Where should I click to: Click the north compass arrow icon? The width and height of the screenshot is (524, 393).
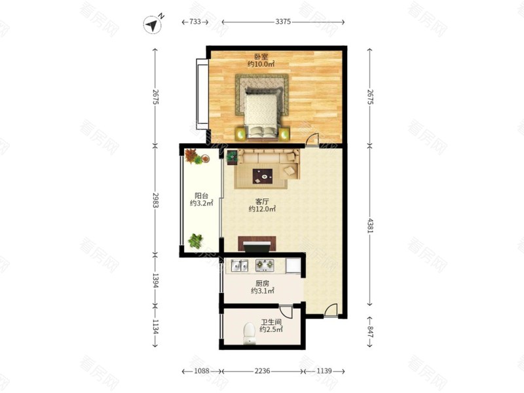(x=153, y=24)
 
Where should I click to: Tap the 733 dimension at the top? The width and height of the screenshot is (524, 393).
(x=195, y=22)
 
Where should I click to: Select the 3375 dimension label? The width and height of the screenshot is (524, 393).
(x=283, y=22)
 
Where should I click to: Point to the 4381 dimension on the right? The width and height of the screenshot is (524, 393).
(x=370, y=225)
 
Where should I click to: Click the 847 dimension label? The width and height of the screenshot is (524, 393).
(x=370, y=332)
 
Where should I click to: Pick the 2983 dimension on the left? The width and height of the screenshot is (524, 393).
(x=155, y=200)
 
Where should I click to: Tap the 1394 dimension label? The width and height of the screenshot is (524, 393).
(x=155, y=281)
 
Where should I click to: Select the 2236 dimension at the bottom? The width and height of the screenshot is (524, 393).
(x=263, y=371)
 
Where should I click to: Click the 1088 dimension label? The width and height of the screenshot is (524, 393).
(x=202, y=371)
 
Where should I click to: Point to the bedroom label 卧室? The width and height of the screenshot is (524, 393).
(x=261, y=56)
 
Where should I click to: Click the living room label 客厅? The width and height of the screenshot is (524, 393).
(x=262, y=202)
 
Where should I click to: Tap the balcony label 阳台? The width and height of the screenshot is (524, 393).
(x=201, y=196)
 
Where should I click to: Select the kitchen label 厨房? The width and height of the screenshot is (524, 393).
(x=263, y=284)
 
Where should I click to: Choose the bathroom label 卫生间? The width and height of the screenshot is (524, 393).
(x=271, y=322)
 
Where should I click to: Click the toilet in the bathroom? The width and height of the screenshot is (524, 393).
(x=250, y=333)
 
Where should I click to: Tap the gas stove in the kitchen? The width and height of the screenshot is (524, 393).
(x=265, y=265)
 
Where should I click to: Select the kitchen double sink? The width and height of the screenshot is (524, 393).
(x=239, y=266)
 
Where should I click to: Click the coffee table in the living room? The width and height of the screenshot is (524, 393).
(x=263, y=176)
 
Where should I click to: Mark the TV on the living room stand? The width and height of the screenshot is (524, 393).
(x=257, y=248)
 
